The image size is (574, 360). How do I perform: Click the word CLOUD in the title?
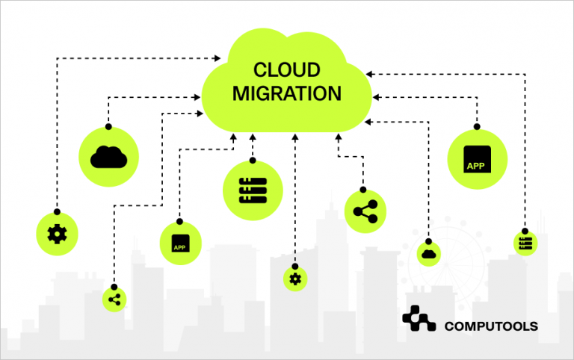pos(287,71)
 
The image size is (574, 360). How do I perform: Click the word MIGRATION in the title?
pos(287,94)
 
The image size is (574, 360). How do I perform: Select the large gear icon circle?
pos(57,234)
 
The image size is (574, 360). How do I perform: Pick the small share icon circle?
pos(114,300)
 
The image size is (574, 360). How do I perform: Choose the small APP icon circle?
pos(180,243)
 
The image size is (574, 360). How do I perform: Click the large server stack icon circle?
pos(253,190)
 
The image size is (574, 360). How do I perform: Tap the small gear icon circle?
pos(295,279)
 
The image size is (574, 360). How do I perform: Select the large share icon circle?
pos(365,211)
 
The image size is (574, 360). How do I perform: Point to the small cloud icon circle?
pos(429,253)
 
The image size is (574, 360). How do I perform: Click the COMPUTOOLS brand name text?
pos(492,326)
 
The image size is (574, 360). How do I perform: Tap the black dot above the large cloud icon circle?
pos(108,126)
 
